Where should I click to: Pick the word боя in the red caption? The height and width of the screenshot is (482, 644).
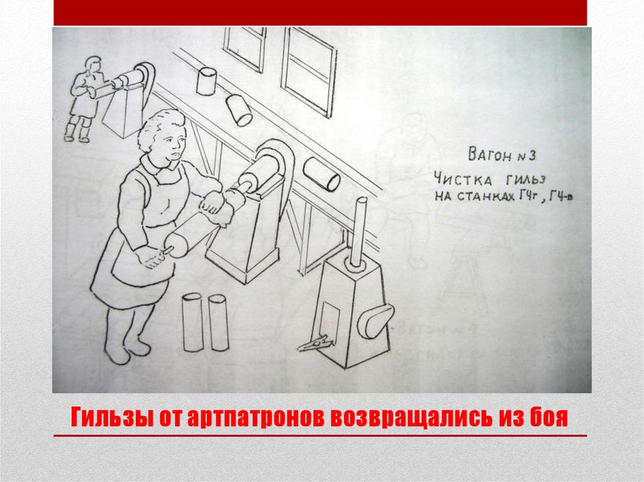click(x=547, y=417)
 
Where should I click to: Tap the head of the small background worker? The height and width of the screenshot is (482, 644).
click(x=92, y=65)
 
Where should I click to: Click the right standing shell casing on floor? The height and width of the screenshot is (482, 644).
click(x=218, y=322)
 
